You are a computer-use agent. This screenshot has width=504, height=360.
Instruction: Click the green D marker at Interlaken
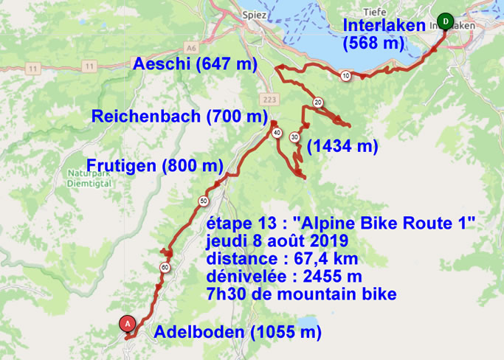coord(444,20)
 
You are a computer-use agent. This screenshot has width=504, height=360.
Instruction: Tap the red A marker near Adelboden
coord(128,323)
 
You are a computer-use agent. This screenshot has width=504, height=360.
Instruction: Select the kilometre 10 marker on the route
coord(345,75)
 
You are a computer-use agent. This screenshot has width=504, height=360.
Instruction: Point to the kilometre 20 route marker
coord(317,102)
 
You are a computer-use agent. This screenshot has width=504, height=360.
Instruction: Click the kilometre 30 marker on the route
coord(294,136)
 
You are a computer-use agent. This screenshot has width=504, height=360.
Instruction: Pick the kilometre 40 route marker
coord(277,133)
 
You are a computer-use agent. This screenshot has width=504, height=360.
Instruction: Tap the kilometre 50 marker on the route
coord(202,200)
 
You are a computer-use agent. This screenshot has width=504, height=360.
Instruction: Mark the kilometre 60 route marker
coord(165,268)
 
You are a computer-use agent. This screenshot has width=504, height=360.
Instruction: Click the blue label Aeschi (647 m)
coord(195,65)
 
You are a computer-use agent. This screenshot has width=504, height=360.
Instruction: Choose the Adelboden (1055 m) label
coord(238,332)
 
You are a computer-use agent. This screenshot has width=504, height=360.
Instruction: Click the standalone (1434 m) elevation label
coord(342,146)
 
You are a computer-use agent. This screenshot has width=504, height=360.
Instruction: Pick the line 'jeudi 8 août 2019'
coord(279,242)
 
